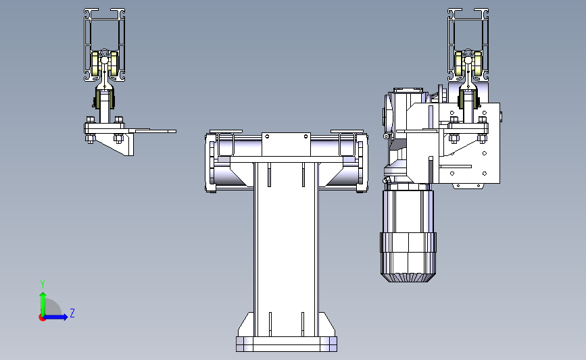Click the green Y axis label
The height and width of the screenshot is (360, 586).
click(43, 284)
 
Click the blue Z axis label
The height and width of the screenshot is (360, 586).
click(72, 313)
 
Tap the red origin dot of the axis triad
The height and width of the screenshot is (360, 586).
click(42, 318)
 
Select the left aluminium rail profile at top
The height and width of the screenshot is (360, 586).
click(104, 45)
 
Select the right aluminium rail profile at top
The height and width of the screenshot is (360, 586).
click(468, 45)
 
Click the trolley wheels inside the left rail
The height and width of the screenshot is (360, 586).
click(105, 63)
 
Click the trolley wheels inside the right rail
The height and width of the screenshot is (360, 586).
click(468, 63)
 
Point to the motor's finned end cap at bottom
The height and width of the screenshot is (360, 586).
click(408, 277)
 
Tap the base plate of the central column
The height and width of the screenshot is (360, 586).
click(287, 344)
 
